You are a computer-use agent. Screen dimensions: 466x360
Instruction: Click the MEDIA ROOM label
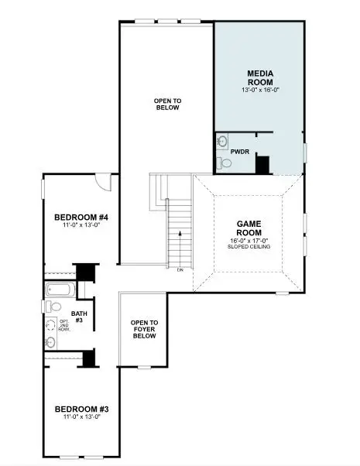259,77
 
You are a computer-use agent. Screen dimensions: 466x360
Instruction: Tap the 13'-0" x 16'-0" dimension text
259,90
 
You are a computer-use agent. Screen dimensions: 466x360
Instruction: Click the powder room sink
221,142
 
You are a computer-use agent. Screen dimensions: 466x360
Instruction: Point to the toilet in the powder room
223,163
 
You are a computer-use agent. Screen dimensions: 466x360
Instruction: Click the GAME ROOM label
249,228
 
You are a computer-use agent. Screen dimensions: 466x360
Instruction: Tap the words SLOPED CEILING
249,247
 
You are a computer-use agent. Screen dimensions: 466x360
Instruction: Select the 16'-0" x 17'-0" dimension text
249,240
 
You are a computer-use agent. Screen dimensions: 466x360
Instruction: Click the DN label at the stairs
180,269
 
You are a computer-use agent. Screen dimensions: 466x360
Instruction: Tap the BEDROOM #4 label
81,217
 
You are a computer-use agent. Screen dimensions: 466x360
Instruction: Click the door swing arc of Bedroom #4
103,182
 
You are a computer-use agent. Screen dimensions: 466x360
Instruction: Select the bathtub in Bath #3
59,291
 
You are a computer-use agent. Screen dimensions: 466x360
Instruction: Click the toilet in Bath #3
49,306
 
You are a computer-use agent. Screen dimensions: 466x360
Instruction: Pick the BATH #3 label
79,317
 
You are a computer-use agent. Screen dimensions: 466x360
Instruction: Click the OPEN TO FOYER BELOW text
144,328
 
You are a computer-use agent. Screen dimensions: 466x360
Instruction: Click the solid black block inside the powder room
262,165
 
